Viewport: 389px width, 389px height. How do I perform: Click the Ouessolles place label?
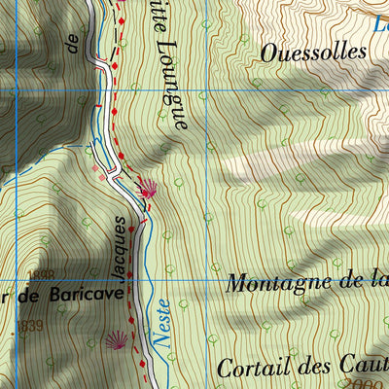pyautogui.click(x=313, y=53)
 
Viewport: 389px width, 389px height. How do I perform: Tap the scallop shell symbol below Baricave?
pyautogui.click(x=115, y=339)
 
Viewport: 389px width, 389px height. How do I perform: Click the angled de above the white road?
pyautogui.click(x=71, y=40)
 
